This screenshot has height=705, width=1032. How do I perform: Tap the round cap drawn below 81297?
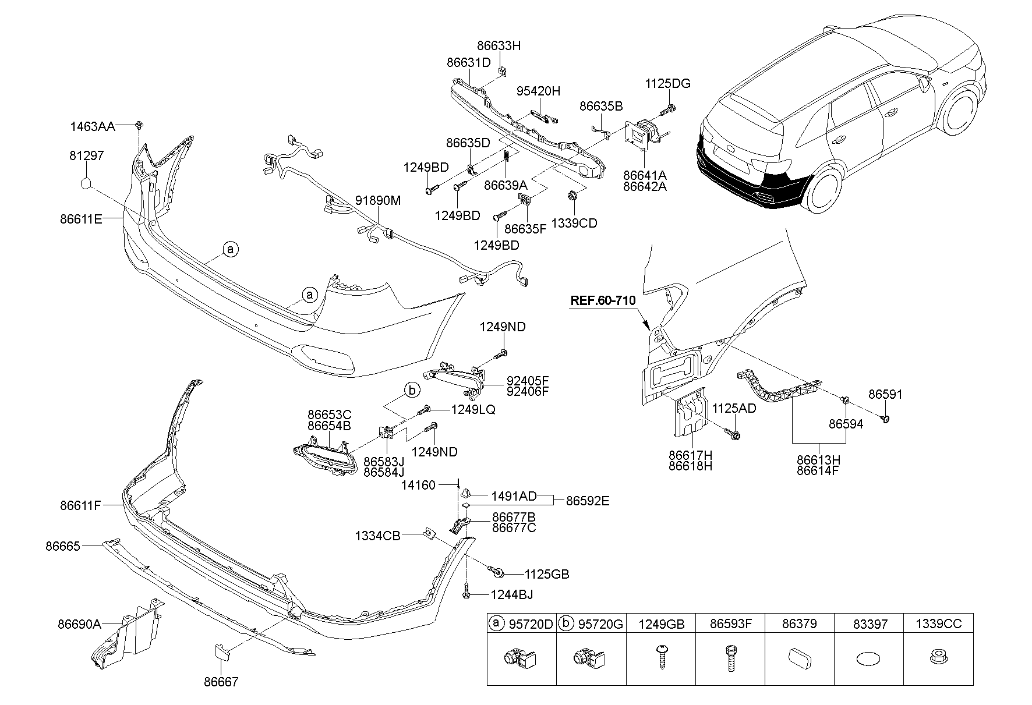pos(86,184)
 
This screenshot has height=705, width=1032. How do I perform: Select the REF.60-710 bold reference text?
pos(602,300)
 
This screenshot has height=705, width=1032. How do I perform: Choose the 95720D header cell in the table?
pos(522,625)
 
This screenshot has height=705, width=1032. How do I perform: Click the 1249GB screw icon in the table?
pos(660,658)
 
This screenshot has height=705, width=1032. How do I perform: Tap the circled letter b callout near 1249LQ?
pos(412,390)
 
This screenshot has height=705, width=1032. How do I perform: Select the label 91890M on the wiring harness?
pos(379,200)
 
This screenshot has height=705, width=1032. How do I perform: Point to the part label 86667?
pos(221,682)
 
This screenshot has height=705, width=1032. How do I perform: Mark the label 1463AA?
pos(92,126)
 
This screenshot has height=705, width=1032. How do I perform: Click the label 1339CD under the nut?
pos(574,223)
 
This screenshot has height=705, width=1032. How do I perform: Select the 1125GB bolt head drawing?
pos(498,573)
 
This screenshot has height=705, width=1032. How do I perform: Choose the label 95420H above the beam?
pos(538,91)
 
